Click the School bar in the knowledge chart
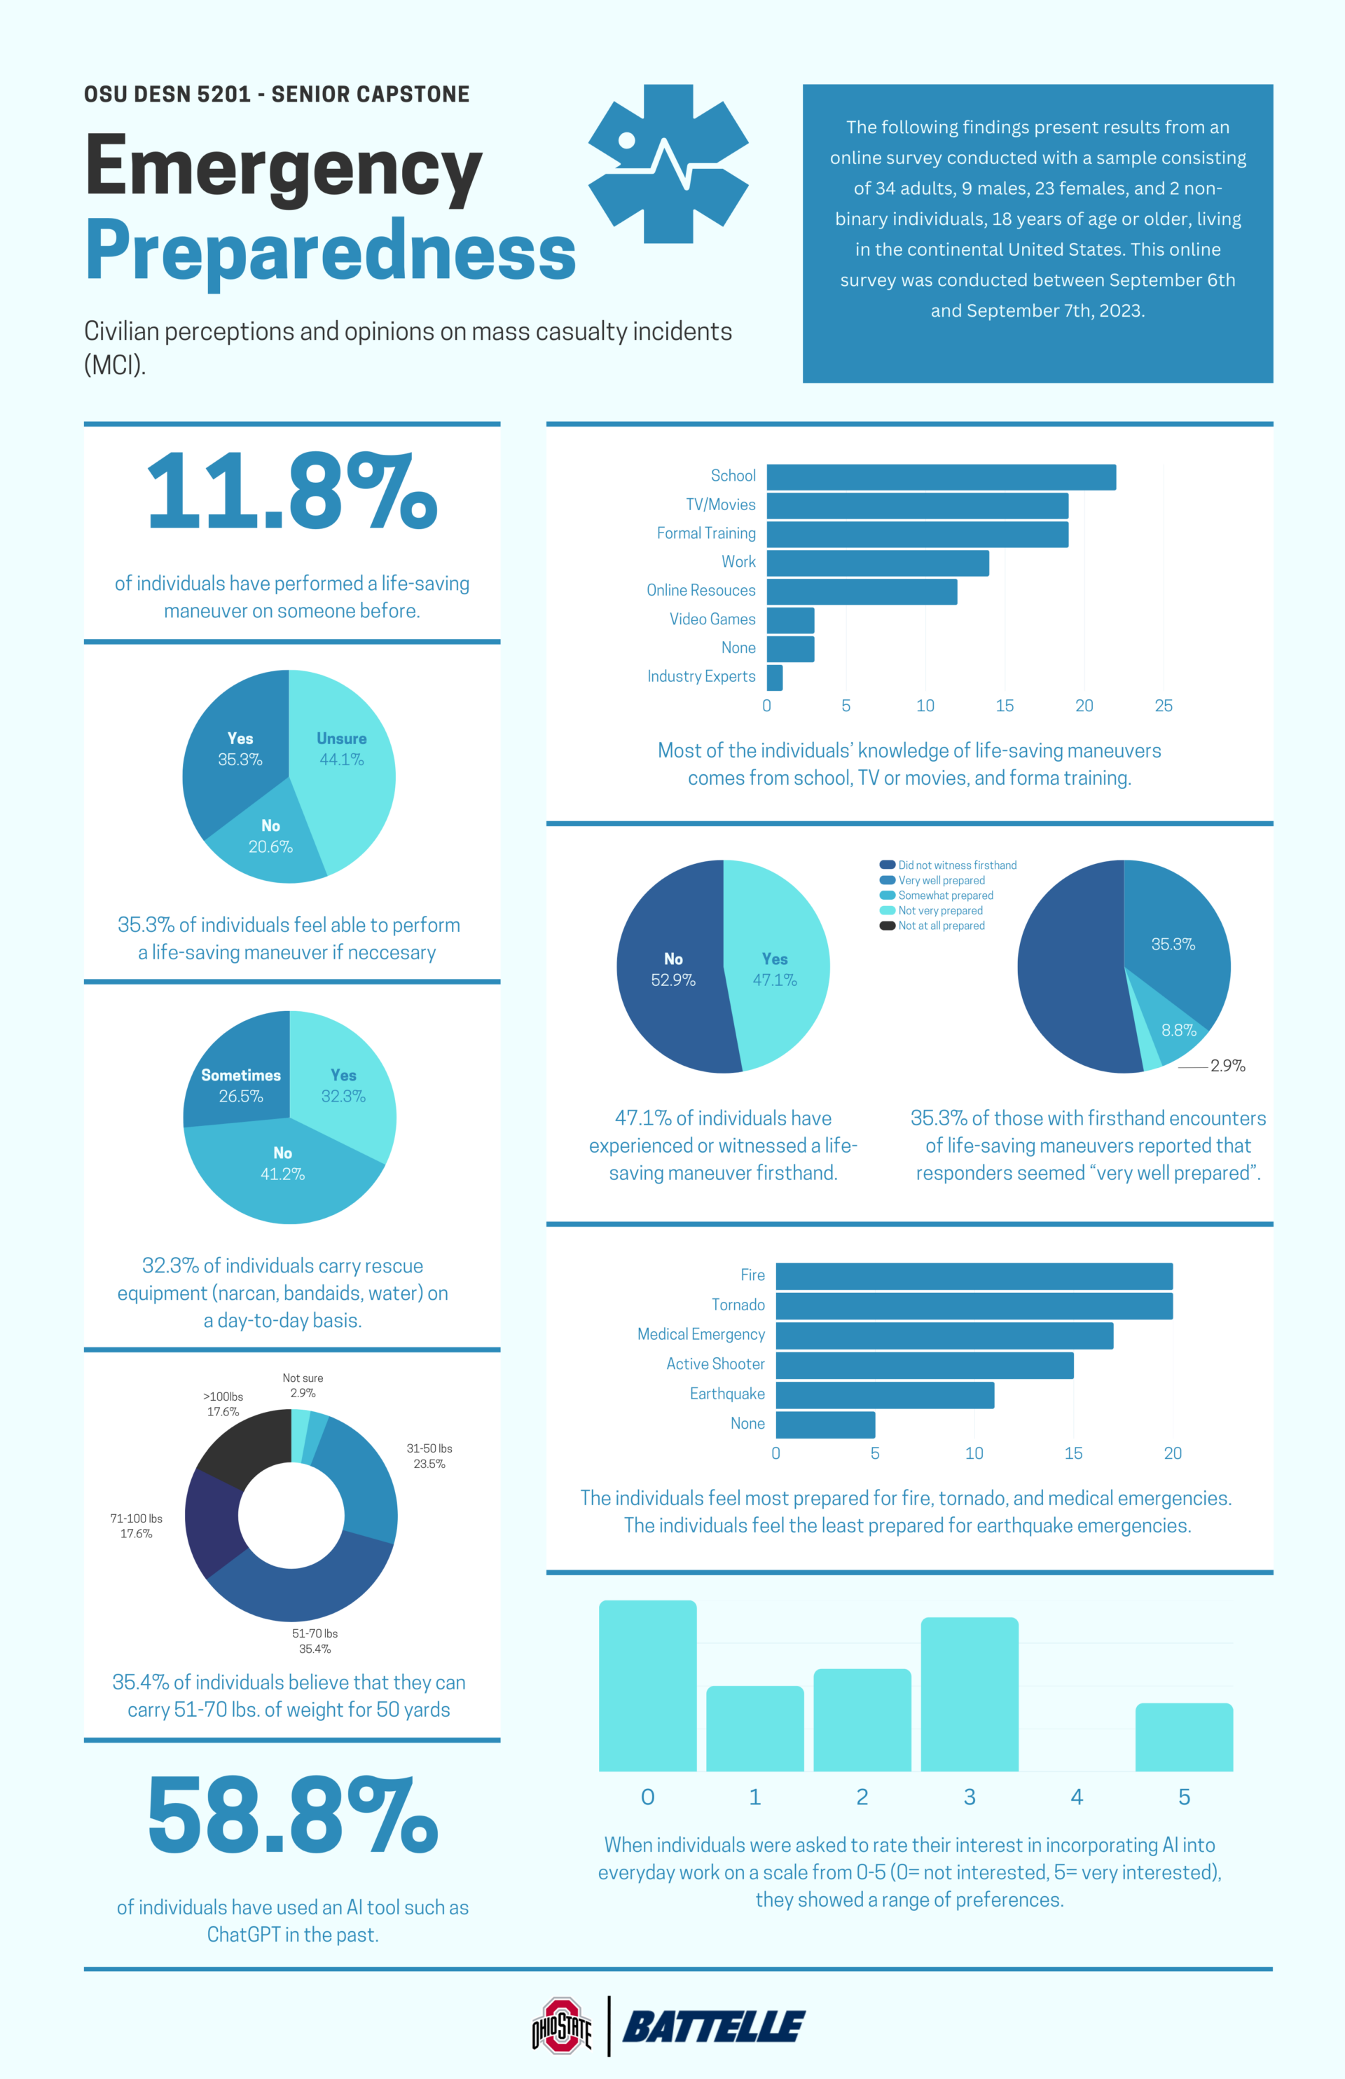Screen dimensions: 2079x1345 (941, 477)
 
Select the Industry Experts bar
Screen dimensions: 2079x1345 (774, 677)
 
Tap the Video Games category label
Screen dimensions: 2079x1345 (712, 619)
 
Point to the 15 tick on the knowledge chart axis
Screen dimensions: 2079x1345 (1005, 706)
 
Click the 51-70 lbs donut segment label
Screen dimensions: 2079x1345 (315, 1640)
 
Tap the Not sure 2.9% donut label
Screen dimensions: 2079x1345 (302, 1385)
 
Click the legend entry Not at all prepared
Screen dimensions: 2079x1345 (941, 925)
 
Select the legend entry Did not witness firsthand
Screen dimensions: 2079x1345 (956, 865)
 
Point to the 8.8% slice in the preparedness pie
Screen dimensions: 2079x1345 (1178, 1031)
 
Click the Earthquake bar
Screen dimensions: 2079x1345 (884, 1395)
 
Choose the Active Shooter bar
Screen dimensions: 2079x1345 (924, 1365)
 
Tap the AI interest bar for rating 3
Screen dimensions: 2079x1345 (969, 1694)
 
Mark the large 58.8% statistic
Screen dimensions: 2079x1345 (291, 1816)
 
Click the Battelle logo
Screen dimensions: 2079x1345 (714, 2026)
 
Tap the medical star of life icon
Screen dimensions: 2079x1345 (668, 163)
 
